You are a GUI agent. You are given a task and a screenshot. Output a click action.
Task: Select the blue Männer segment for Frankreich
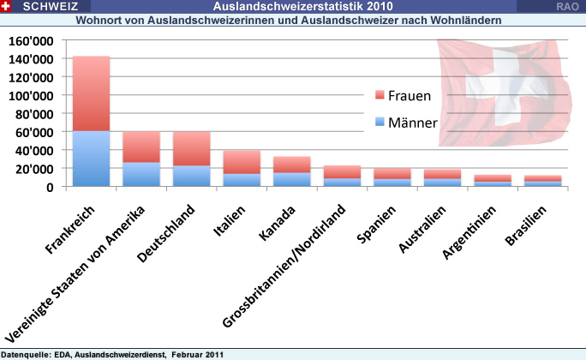[91, 159]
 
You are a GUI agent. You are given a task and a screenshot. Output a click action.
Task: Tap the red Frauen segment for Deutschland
[191, 148]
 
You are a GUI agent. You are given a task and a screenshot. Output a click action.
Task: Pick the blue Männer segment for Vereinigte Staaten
[141, 174]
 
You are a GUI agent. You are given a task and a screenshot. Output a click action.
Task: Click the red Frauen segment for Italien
[242, 162]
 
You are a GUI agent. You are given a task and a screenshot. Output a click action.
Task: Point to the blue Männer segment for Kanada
[291, 179]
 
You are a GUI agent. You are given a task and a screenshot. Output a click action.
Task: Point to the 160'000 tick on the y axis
[31, 41]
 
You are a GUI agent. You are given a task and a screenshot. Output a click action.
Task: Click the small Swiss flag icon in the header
[7, 7]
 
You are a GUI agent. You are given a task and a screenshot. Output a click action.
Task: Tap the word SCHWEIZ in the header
[46, 7]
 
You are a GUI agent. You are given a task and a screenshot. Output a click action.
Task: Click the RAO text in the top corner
[565, 7]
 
